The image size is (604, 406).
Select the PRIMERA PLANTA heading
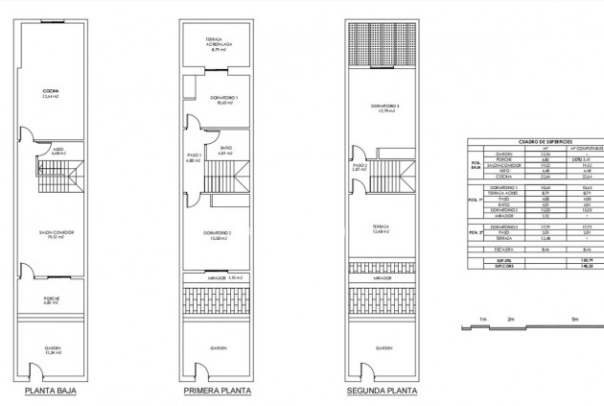[218, 392]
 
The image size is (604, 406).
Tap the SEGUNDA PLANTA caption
[383, 392]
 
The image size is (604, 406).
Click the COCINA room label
[51, 93]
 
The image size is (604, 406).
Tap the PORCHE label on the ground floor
[52, 299]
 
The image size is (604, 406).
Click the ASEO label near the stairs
[58, 150]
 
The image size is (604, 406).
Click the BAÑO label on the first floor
[226, 150]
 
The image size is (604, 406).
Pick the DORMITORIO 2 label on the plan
[218, 234]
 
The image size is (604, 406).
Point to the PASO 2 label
[360, 166]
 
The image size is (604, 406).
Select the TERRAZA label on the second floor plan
[383, 227]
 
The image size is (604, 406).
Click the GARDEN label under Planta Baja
[52, 348]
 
